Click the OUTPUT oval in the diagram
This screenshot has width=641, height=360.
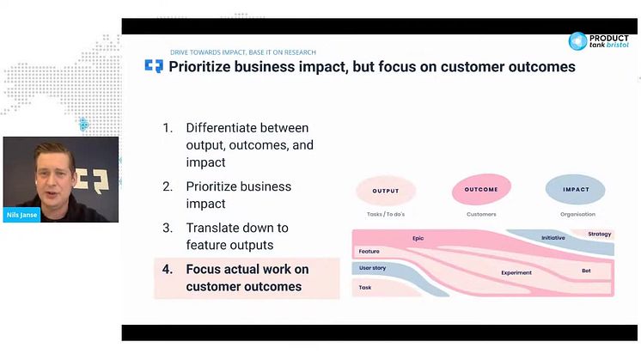click(x=386, y=191)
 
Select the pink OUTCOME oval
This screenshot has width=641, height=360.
click(x=481, y=189)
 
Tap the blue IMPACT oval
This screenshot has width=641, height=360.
click(x=576, y=189)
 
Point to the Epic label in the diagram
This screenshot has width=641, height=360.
click(x=418, y=238)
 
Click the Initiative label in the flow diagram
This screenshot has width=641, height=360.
click(x=553, y=238)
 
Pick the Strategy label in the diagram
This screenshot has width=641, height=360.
click(x=599, y=235)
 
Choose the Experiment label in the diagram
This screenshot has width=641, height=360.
click(x=516, y=272)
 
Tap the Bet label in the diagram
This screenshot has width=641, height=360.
click(x=586, y=271)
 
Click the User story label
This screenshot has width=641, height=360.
click(x=372, y=268)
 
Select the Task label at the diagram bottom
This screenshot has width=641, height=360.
click(x=365, y=288)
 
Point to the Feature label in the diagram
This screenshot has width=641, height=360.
click(x=369, y=251)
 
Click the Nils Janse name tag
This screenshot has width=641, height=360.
click(x=21, y=215)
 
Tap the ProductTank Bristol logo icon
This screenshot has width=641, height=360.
click(x=577, y=41)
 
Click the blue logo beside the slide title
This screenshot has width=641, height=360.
click(x=154, y=66)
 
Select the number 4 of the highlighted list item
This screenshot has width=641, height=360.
click(x=168, y=269)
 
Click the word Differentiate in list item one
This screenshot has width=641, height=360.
click(x=223, y=128)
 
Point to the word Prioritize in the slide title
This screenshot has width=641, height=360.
click(x=200, y=67)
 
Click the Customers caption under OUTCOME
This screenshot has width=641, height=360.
click(x=481, y=214)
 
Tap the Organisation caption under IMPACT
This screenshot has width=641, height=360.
click(x=577, y=214)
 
